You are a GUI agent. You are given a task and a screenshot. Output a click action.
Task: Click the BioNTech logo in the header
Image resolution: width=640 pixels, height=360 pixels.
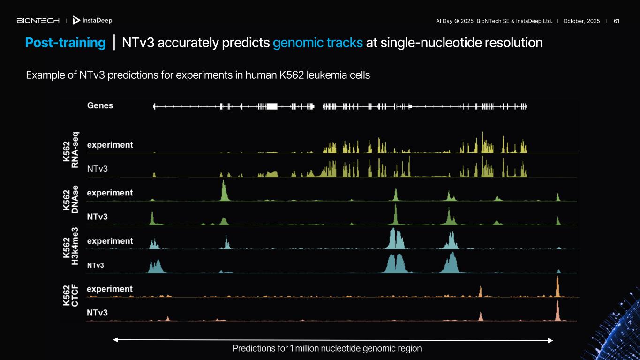[x=38, y=21]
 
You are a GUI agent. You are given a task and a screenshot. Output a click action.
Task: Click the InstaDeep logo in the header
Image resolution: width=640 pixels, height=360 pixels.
[x=93, y=21]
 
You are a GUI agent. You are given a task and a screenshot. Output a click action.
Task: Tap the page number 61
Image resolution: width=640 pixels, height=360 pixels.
[x=617, y=21]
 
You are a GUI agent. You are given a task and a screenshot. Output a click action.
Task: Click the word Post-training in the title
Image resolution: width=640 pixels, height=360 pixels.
[x=65, y=43]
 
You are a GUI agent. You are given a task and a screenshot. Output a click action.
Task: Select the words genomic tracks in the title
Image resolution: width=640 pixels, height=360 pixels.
[x=317, y=43]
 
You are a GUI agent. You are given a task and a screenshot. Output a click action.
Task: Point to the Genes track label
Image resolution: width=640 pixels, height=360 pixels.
[x=100, y=105]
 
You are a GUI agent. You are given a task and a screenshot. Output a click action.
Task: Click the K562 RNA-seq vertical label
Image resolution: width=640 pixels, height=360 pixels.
[x=71, y=150]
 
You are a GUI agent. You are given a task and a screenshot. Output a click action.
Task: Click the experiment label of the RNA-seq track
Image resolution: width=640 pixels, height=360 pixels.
[x=110, y=145]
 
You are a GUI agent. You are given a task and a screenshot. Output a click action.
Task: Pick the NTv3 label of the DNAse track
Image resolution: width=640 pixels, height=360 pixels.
[x=98, y=217]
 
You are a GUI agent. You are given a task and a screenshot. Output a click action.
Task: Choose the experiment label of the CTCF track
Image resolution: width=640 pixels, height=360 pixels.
[x=110, y=289]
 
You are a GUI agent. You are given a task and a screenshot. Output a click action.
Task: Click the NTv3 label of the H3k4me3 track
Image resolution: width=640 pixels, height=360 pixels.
[x=96, y=265]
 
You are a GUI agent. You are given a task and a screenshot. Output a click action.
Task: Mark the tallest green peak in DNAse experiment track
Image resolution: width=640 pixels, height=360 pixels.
[x=224, y=190]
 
